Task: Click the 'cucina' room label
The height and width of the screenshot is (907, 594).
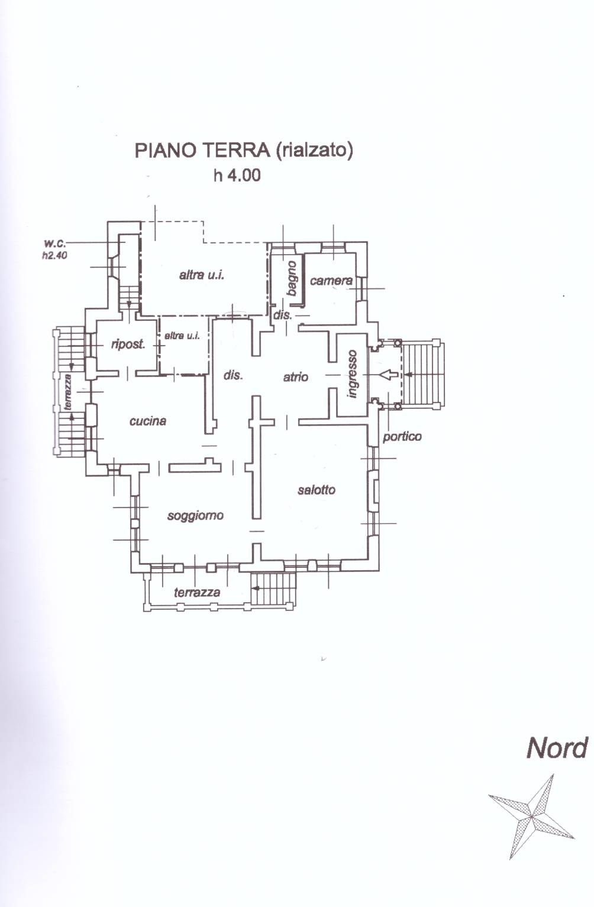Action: click(147, 421)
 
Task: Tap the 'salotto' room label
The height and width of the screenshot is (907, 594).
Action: click(317, 490)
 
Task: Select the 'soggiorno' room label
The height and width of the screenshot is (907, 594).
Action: click(195, 515)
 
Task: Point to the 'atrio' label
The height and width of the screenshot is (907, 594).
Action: click(296, 377)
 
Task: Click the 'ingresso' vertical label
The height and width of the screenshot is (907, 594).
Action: click(352, 374)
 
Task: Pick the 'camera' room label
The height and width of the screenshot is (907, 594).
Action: click(331, 281)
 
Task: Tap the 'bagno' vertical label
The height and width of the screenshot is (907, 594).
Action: click(292, 278)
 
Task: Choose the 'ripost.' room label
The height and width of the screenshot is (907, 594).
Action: click(128, 344)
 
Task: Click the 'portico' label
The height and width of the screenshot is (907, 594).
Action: click(402, 437)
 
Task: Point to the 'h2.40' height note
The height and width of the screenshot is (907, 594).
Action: click(54, 255)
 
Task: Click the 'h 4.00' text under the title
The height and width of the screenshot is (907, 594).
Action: click(237, 175)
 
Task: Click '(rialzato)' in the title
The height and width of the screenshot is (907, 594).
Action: click(315, 151)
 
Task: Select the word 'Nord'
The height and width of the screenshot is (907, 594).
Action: click(557, 748)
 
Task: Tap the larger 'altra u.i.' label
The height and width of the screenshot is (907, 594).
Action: click(202, 275)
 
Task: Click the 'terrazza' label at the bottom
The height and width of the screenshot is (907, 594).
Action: click(197, 593)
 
